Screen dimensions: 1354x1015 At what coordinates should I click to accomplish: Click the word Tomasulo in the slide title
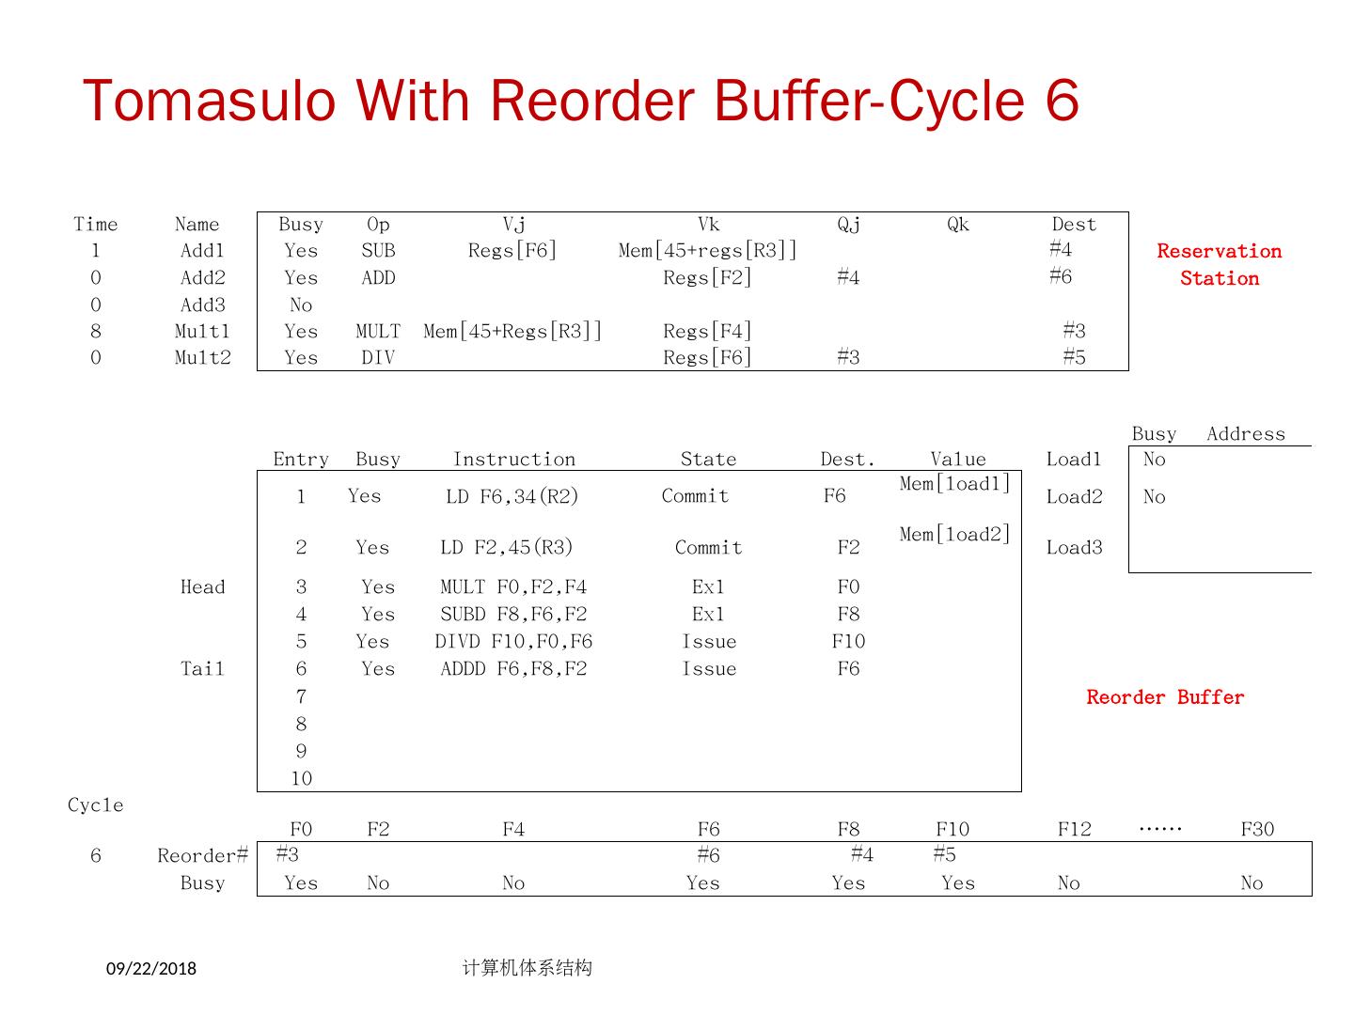(209, 101)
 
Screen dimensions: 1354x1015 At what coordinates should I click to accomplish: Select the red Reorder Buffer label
(1165, 697)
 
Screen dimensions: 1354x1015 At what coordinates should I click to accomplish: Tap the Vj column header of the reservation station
(514, 225)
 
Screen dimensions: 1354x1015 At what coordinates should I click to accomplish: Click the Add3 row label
(203, 305)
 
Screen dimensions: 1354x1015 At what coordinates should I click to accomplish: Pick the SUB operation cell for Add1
(378, 251)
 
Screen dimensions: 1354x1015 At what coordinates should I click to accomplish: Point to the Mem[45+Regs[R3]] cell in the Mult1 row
(512, 332)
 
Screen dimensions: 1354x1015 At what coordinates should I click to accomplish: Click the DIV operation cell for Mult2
(378, 358)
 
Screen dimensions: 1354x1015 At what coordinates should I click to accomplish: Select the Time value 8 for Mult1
(96, 332)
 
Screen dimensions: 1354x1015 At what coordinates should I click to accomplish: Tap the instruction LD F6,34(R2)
(512, 497)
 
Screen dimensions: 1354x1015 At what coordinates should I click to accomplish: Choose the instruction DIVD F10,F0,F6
(513, 642)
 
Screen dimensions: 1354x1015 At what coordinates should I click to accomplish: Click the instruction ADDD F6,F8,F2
(513, 669)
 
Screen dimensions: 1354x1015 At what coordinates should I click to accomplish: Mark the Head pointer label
(203, 587)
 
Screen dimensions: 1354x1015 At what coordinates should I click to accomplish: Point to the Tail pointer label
(203, 669)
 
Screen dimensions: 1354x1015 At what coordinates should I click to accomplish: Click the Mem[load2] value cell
(954, 535)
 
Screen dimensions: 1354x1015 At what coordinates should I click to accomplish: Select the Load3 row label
(1074, 548)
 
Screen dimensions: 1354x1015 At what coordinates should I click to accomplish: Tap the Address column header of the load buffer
(1245, 434)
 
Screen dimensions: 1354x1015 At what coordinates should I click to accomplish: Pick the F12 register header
(1074, 829)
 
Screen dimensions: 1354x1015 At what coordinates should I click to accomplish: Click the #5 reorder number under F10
(944, 854)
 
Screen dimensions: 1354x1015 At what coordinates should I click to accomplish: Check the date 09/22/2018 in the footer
(151, 968)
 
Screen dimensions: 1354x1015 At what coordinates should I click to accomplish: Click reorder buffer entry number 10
(301, 779)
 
